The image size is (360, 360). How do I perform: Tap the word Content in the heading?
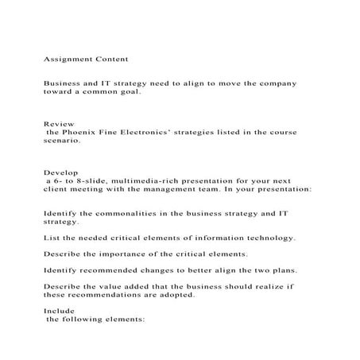pos(112,58)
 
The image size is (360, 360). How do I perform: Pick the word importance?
pos(122,255)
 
